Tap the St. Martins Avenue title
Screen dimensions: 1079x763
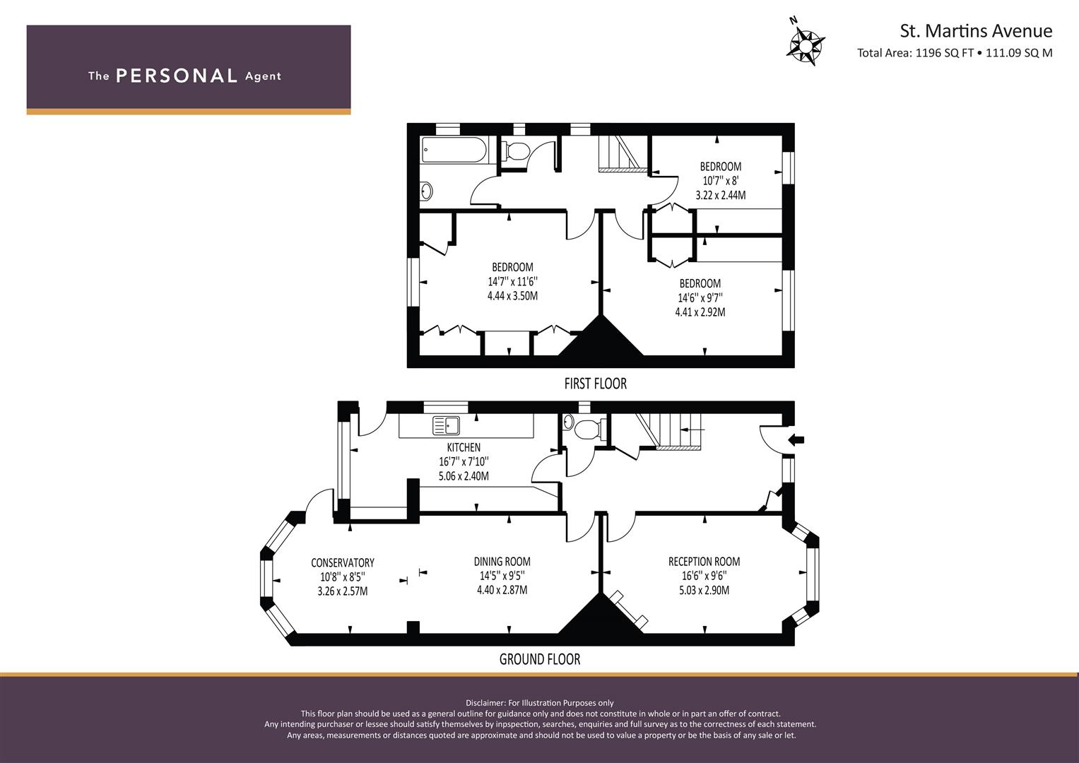coord(976,31)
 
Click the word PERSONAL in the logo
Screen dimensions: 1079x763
coord(177,76)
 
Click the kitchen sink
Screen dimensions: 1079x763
coord(446,426)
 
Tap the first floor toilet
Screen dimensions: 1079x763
coord(515,150)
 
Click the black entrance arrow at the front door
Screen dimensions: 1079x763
coord(797,439)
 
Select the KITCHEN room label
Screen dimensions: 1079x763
coord(464,447)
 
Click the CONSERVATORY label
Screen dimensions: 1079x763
coord(343,562)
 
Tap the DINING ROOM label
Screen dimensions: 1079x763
coord(502,561)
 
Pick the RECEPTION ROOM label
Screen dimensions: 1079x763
coord(704,561)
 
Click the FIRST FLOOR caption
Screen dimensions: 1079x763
coord(596,384)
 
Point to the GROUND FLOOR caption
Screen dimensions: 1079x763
coord(540,659)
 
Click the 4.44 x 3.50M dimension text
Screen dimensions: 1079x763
coord(512,296)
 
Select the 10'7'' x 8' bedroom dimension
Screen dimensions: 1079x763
coord(721,181)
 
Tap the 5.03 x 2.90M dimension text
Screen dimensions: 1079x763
coord(704,590)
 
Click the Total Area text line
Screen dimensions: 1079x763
coord(955,53)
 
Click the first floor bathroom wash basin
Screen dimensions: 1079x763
coord(426,191)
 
